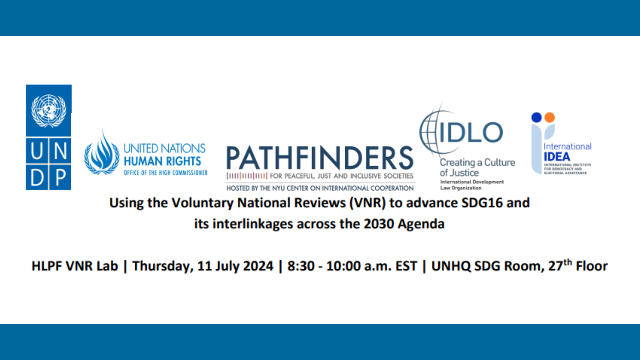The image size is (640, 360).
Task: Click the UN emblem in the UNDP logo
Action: click(x=48, y=110)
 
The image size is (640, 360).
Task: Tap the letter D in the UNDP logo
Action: click(x=37, y=177)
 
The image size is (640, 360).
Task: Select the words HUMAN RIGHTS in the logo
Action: click(x=162, y=161)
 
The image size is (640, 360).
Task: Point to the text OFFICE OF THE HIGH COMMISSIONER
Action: click(x=166, y=173)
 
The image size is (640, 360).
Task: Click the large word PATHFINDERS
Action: click(x=319, y=158)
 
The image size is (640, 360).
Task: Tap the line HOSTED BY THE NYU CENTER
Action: click(x=320, y=188)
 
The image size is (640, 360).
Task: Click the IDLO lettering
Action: click(x=471, y=132)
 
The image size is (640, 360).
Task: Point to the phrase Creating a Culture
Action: click(x=477, y=162)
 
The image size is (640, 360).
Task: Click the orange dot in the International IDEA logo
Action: click(x=550, y=117)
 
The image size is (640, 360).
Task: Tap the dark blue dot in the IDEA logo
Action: click(x=536, y=117)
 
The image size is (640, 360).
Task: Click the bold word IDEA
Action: click(x=556, y=157)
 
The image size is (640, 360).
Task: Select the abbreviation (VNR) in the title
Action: click(x=368, y=203)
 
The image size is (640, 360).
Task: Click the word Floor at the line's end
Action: click(x=592, y=266)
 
